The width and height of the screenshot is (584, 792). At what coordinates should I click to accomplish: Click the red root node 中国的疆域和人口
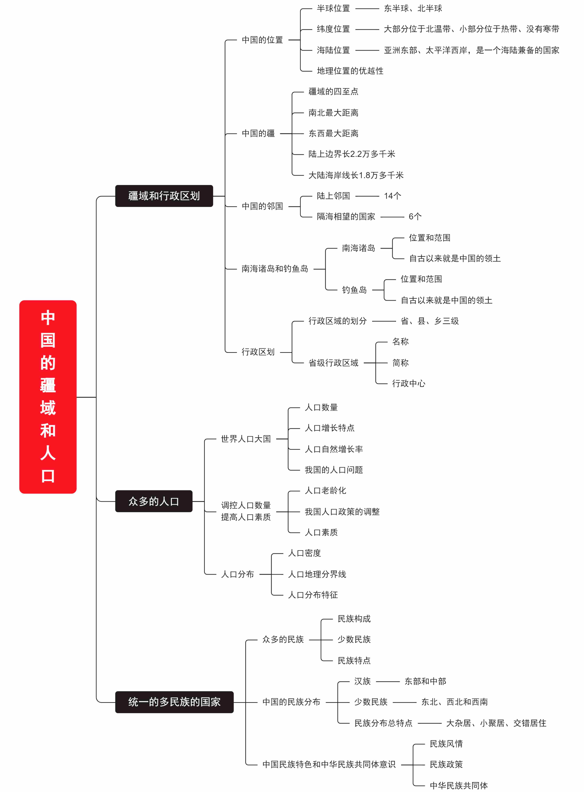pyautogui.click(x=48, y=397)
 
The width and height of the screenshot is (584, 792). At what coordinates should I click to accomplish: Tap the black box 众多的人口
pyautogui.click(x=154, y=501)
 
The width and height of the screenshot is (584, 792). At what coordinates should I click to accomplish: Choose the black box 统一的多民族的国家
pyautogui.click(x=174, y=702)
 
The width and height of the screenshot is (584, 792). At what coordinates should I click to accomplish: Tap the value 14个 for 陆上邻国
pyautogui.click(x=392, y=196)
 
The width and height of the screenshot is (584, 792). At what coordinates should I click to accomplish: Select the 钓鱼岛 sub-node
pyautogui.click(x=354, y=290)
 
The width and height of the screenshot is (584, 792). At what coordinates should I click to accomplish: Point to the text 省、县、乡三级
pyautogui.click(x=430, y=321)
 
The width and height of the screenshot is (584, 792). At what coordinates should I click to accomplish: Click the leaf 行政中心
pyautogui.click(x=409, y=383)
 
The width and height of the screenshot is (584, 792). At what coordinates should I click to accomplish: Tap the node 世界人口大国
pyautogui.click(x=246, y=439)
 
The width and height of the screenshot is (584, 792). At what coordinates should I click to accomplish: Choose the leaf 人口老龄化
pyautogui.click(x=325, y=491)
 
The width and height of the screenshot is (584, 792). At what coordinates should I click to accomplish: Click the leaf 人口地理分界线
pyautogui.click(x=317, y=574)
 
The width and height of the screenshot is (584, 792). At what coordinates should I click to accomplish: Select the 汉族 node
pyautogui.click(x=362, y=681)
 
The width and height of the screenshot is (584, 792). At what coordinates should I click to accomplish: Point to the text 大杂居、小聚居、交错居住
pyautogui.click(x=496, y=723)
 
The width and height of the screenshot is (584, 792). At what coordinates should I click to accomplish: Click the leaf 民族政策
pyautogui.click(x=446, y=764)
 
